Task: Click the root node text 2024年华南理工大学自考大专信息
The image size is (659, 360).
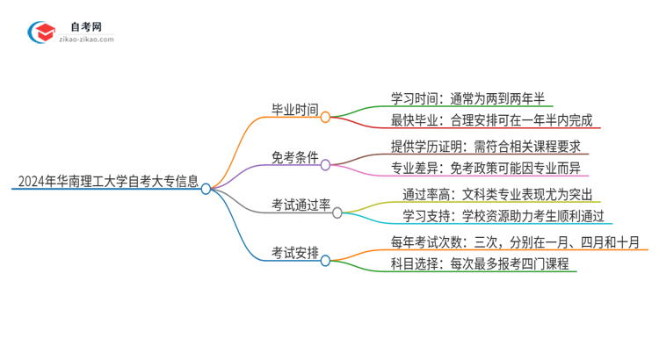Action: tap(105, 183)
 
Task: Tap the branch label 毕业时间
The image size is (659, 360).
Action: tap(294, 110)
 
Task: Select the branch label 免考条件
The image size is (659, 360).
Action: tap(294, 158)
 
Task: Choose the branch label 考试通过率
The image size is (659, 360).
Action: tap(301, 206)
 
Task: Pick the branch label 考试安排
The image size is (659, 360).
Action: tap(294, 255)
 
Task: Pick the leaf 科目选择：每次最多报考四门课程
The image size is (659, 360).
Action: tap(480, 266)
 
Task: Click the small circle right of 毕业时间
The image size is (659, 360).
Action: tap(325, 116)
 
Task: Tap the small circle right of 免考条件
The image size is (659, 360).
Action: tap(325, 164)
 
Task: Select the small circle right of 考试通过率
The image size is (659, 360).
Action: tap(337, 212)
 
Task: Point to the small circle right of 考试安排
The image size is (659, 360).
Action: tap(325, 261)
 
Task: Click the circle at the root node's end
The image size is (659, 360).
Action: tap(206, 188)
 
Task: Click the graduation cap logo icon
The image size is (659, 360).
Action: tap(40, 32)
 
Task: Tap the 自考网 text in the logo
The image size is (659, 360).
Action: tap(84, 27)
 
